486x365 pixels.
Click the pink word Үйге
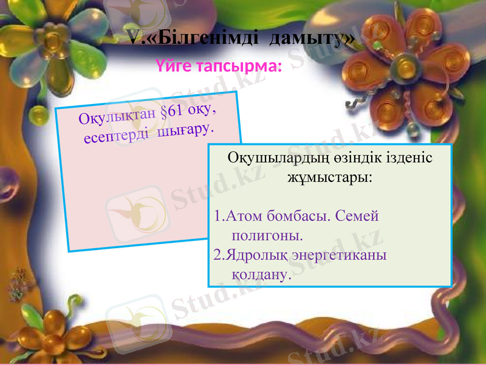[173, 65]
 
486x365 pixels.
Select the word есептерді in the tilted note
[115, 136]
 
